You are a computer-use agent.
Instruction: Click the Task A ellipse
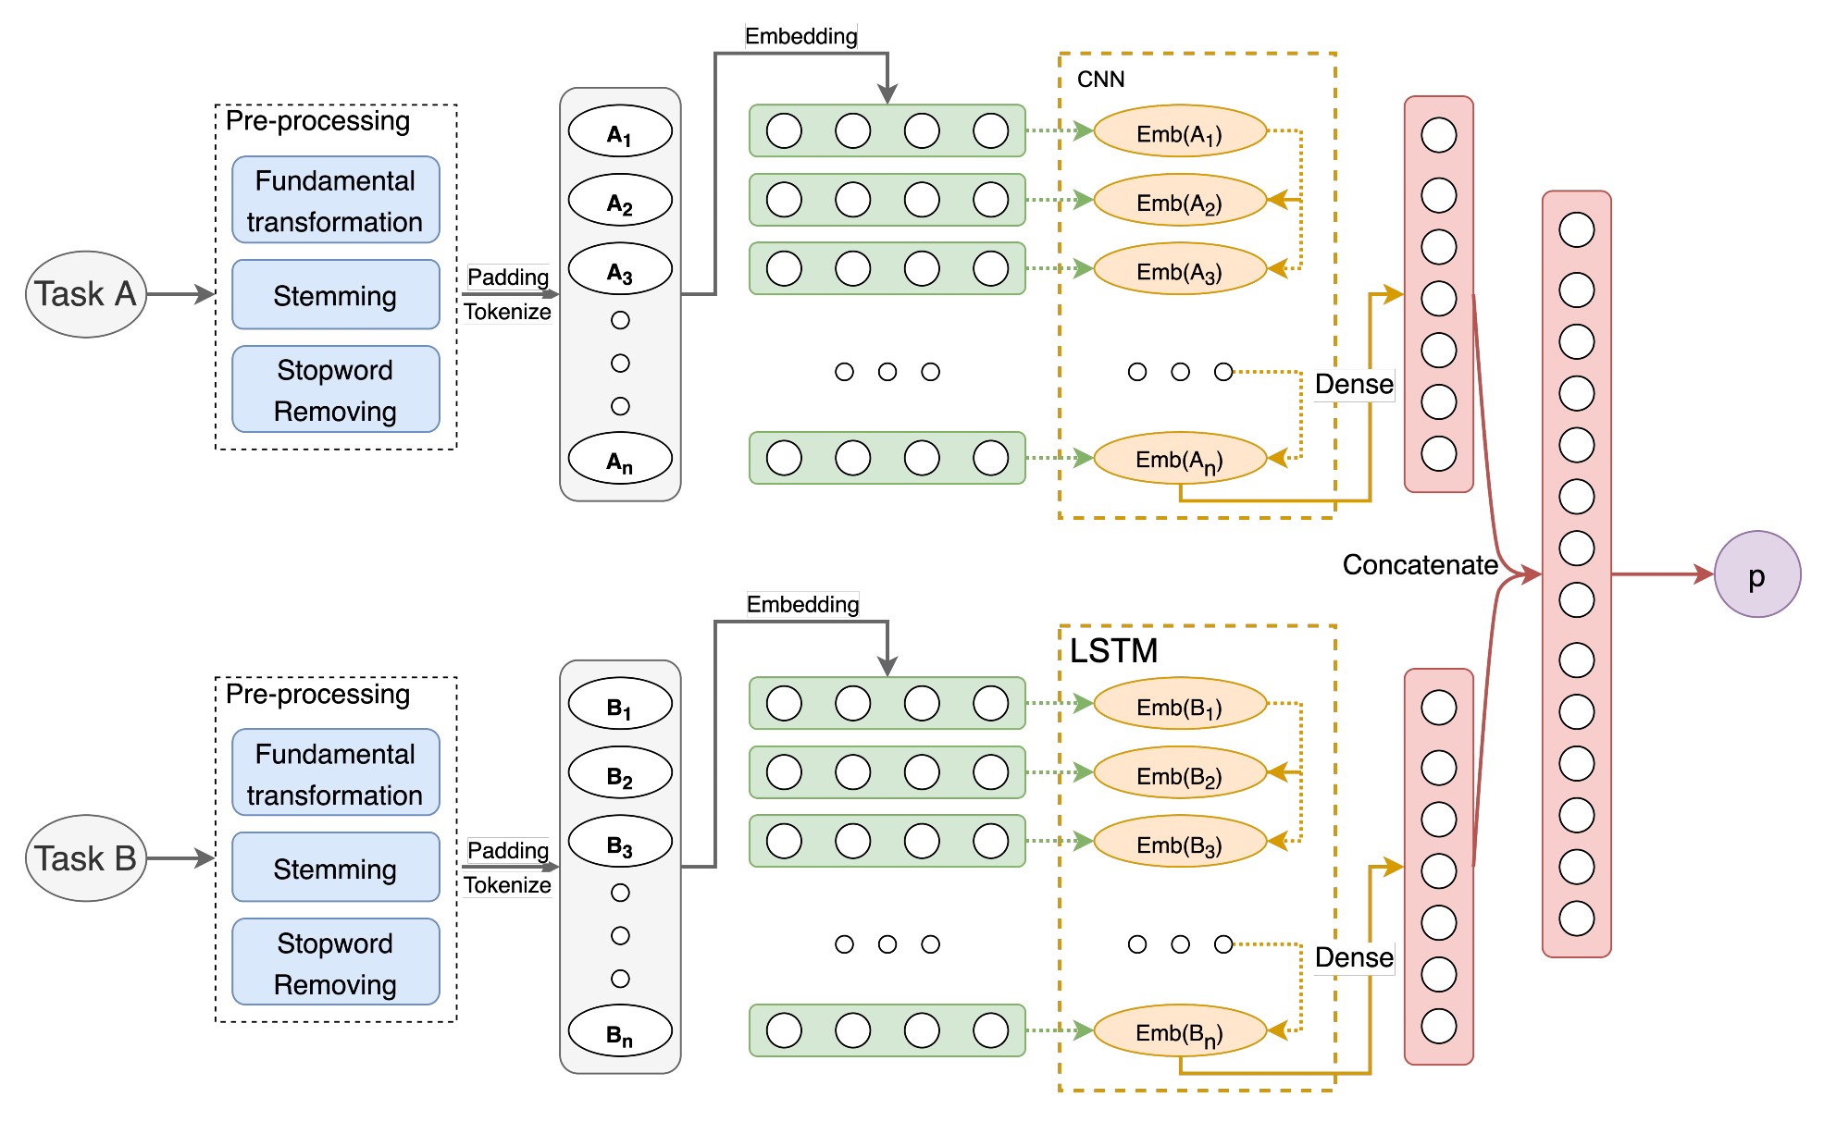tap(85, 294)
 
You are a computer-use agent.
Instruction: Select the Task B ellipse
tap(85, 858)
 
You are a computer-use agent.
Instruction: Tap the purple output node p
tap(1756, 574)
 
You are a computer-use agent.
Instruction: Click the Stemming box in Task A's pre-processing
tap(335, 295)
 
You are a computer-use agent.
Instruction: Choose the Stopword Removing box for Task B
tap(335, 962)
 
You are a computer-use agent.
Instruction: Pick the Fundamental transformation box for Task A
tap(335, 200)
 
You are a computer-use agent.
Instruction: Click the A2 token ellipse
tap(619, 201)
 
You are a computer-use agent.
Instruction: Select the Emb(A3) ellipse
tap(1179, 270)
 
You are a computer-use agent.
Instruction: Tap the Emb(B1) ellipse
tap(1179, 705)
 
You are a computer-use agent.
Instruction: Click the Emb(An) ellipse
tap(1179, 458)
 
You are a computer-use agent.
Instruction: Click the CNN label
tap(1100, 80)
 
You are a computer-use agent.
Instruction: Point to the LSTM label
tap(1113, 651)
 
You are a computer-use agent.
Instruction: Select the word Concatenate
tap(1420, 565)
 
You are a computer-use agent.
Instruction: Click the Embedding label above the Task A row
tap(800, 36)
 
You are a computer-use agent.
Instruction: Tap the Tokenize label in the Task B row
tap(507, 885)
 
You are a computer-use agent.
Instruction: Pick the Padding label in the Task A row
tap(507, 277)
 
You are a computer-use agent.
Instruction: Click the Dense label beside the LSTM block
tap(1354, 957)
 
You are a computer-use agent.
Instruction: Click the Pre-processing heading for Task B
tap(317, 695)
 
